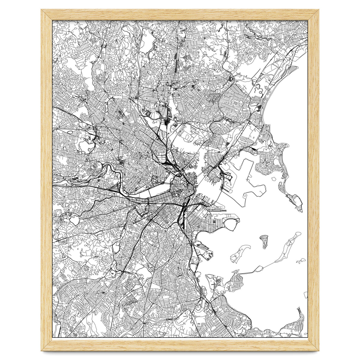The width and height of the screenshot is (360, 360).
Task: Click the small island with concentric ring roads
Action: [263, 241]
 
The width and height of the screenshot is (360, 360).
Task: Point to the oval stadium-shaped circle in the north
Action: [231, 79]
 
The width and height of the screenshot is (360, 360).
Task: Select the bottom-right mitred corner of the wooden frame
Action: [313, 345]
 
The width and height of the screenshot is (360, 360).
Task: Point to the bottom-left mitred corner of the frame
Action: [46, 345]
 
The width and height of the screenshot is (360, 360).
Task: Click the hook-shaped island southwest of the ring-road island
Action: [240, 254]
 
